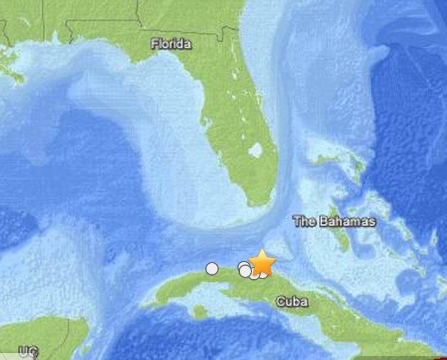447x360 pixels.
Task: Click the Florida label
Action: coord(171,44)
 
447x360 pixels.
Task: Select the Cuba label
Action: coord(292,301)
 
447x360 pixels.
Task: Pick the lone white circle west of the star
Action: coord(212,268)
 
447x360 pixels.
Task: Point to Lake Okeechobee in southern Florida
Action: coord(256,150)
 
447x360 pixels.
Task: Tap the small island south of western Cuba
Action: coord(199,313)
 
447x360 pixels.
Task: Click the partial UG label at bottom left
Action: coord(27,352)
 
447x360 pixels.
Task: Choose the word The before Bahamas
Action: coord(305,221)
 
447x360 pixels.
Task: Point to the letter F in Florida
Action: coord(155,44)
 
